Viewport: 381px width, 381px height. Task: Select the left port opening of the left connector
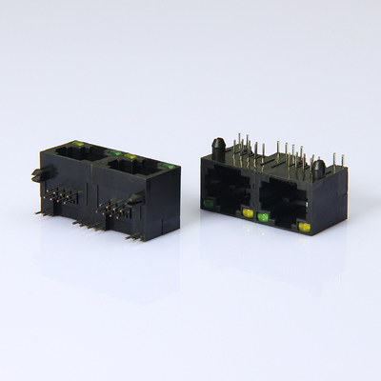pyautogui.click(x=72, y=155)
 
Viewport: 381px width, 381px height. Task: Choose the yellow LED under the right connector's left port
pyautogui.click(x=248, y=213)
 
